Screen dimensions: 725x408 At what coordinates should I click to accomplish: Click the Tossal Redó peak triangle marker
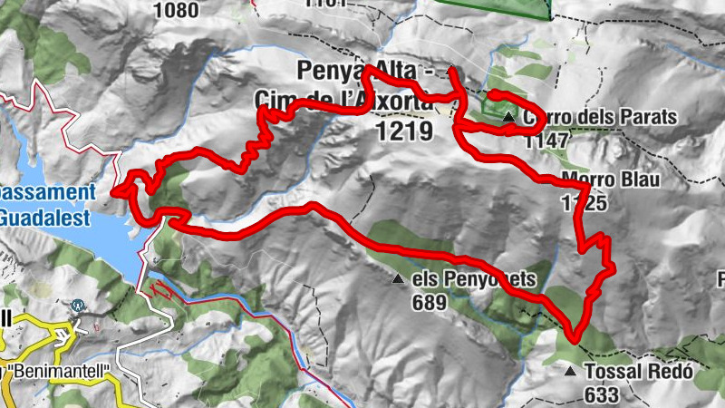click(570, 371)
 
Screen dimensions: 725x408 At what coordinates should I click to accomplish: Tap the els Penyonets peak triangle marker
click(398, 279)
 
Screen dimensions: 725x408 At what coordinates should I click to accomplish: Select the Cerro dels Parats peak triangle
click(509, 117)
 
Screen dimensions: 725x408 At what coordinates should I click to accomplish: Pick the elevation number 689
click(429, 302)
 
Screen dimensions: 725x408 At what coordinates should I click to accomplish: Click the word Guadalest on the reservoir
click(45, 218)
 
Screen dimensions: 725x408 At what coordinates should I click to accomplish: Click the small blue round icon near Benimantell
click(80, 306)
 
